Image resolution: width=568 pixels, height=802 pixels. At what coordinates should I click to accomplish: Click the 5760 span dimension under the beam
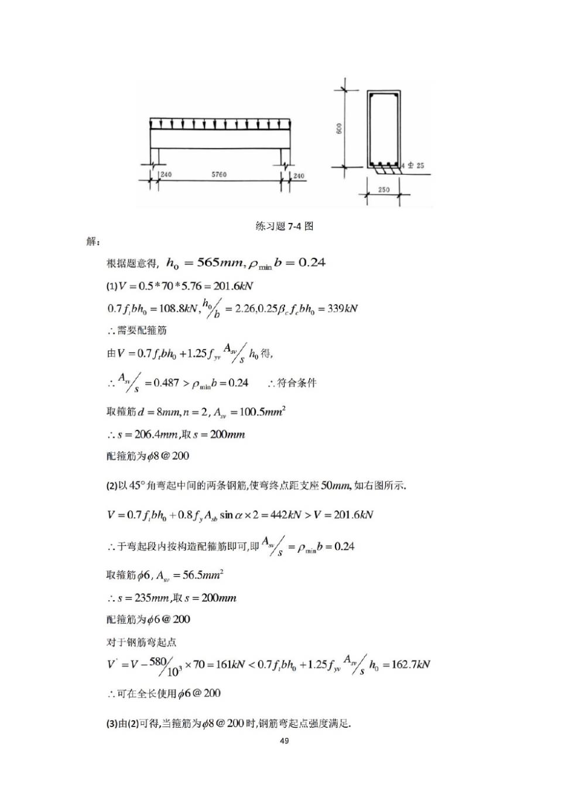point(219,174)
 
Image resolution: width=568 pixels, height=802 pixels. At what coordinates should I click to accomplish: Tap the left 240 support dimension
point(166,174)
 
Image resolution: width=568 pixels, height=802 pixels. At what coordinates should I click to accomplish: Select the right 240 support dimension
point(299,175)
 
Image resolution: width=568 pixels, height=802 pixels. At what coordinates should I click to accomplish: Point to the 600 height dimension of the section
point(339,128)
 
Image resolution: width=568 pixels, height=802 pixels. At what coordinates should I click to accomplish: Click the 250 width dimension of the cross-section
point(384,190)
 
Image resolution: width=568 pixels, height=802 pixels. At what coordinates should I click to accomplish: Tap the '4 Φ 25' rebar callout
point(413,166)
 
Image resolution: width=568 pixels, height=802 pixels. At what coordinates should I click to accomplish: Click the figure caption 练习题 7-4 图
point(284,226)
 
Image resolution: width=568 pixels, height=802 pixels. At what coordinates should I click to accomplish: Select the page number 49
point(284,741)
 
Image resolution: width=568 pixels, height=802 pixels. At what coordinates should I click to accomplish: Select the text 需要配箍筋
point(142,331)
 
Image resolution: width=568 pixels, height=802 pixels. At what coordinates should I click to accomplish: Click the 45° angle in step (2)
point(136,486)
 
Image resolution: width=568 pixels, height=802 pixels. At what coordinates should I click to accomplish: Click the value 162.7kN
point(409,665)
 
